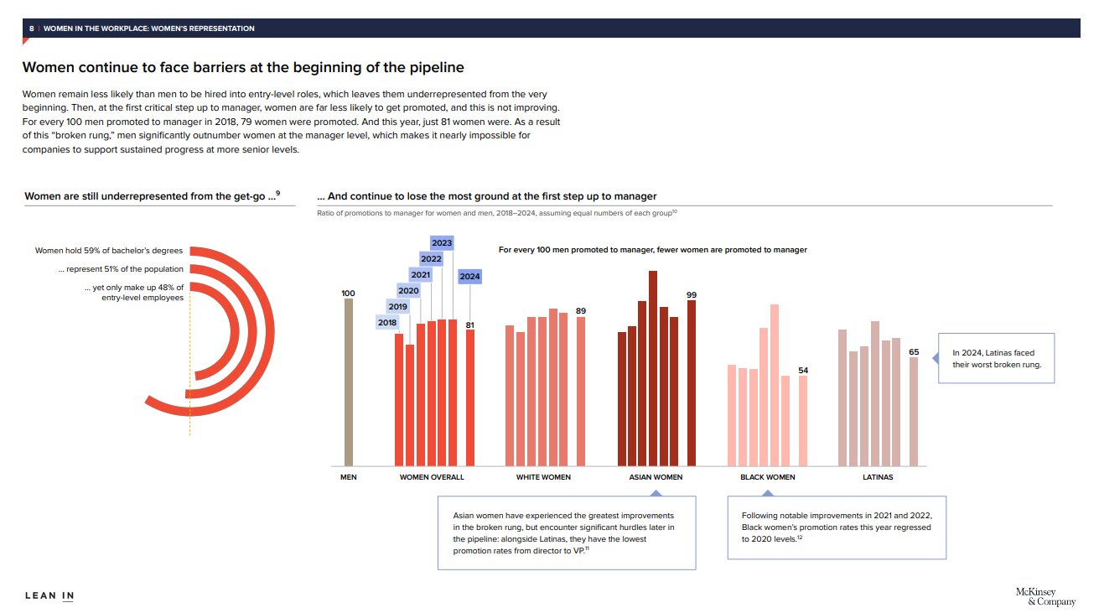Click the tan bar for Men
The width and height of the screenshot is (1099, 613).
(x=349, y=382)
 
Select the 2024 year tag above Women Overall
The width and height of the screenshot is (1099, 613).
(x=470, y=276)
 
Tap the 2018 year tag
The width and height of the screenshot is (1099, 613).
(x=387, y=322)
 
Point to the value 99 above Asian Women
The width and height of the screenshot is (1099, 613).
(x=692, y=294)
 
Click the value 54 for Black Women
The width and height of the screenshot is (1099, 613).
(x=803, y=370)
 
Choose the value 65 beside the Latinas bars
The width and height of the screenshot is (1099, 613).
(x=914, y=351)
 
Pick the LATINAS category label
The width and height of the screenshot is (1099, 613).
(x=878, y=477)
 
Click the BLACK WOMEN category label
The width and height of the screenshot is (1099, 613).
(x=768, y=477)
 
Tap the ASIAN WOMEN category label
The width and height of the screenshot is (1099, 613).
(x=656, y=477)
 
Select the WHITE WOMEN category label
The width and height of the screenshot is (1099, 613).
(x=543, y=477)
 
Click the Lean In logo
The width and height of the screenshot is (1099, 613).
(x=49, y=596)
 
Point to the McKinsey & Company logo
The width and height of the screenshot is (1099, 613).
(x=1034, y=596)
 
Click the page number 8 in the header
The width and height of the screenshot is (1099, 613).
(x=32, y=29)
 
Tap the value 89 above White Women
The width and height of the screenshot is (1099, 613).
(x=581, y=311)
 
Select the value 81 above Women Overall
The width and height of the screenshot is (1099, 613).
(x=470, y=325)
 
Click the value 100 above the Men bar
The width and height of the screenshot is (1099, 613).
(x=349, y=293)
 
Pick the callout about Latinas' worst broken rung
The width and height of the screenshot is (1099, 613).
(x=995, y=359)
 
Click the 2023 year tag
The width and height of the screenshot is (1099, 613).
(x=442, y=243)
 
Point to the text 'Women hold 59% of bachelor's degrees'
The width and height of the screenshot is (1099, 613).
(x=109, y=251)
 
